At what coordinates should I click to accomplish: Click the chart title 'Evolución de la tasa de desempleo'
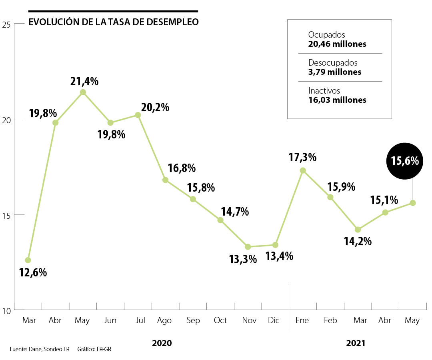click(x=113, y=22)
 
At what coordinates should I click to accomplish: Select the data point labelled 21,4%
click(x=83, y=92)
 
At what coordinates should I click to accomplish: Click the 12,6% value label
click(x=33, y=273)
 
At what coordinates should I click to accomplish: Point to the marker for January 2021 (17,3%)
click(x=303, y=170)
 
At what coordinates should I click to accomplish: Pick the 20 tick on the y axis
click(x=8, y=119)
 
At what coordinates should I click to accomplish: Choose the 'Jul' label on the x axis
click(x=140, y=320)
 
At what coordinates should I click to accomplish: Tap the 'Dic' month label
click(x=274, y=320)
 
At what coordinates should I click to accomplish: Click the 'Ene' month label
click(x=302, y=320)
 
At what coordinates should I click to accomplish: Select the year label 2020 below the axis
click(x=162, y=343)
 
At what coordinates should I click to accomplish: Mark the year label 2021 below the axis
click(x=356, y=343)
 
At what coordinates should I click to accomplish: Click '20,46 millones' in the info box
click(x=337, y=44)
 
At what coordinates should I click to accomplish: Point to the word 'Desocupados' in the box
click(x=333, y=63)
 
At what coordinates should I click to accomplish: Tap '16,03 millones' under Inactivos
click(x=337, y=100)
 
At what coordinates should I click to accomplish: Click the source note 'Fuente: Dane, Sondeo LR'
click(x=40, y=349)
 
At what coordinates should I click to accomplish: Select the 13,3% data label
click(x=243, y=259)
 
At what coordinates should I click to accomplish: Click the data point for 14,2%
click(x=358, y=230)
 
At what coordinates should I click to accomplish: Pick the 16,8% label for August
click(x=182, y=168)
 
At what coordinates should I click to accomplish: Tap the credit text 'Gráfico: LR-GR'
click(x=94, y=349)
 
